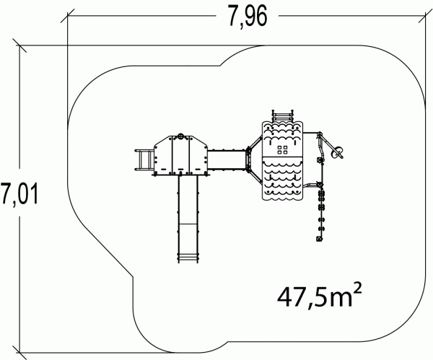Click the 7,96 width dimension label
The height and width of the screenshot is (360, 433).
[x=248, y=17]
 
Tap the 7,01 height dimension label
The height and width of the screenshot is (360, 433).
[x=19, y=193]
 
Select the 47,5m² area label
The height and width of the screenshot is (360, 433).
[x=319, y=297]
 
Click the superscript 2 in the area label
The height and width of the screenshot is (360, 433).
[x=357, y=289]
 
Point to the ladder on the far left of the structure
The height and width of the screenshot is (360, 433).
[x=144, y=160]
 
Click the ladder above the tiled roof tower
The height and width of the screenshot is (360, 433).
[x=282, y=115]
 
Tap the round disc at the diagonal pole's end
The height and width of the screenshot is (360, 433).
[x=338, y=152]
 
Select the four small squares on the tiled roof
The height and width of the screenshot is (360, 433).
[x=282, y=150]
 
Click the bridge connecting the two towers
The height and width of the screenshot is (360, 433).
[x=227, y=160]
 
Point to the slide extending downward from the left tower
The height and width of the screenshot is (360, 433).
[x=188, y=218]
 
